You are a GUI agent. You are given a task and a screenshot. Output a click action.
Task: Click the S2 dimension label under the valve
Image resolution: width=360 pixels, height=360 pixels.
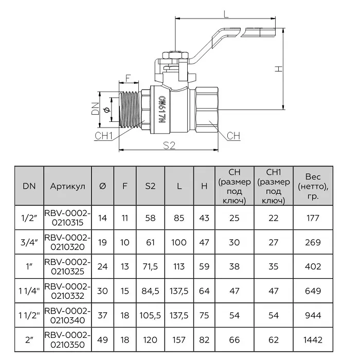pos(169,145)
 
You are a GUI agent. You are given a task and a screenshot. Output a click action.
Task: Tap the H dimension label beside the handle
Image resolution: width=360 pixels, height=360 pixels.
pos(279,68)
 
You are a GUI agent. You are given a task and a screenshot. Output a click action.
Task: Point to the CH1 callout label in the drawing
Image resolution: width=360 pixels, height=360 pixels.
pos(103,136)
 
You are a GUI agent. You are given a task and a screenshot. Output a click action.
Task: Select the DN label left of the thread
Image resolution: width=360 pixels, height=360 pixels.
pos(95,109)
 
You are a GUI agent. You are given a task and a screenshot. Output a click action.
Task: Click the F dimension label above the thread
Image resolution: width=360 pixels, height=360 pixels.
pos(128,78)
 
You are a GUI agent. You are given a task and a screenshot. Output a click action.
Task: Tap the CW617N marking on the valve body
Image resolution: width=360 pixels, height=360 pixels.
pos(162,110)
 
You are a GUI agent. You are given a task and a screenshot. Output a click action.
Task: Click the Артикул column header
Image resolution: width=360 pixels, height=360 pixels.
pos(67,186)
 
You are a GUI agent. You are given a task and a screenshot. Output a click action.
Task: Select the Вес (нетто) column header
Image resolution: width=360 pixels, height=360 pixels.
pos(313,186)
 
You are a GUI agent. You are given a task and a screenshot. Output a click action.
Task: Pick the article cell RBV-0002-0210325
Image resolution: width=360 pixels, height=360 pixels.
pos(67,266)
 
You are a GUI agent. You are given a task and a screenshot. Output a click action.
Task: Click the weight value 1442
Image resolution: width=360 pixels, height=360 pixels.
pos(313,340)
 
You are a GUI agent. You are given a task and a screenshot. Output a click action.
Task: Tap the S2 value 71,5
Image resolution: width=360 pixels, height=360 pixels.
pos(150,266)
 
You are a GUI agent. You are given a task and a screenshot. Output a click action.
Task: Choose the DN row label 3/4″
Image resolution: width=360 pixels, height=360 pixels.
pos(29,242)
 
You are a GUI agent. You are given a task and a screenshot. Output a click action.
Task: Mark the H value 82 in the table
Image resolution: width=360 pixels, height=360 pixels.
pos(204,340)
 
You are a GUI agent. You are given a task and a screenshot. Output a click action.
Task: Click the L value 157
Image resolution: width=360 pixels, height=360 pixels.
pos(179,340)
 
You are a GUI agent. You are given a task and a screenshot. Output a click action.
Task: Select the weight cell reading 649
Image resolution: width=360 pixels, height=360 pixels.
pos(313,291)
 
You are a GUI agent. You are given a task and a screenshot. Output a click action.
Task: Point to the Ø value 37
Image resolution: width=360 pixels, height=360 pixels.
pos(102,315)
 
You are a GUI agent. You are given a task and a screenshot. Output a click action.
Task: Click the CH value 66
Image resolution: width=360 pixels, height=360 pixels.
pos(234,340)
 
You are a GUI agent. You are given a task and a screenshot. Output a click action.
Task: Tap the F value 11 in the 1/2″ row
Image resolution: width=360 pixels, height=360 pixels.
pos(124,218)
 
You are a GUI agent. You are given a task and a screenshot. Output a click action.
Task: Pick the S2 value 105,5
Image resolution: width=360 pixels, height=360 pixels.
pos(150,315)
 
